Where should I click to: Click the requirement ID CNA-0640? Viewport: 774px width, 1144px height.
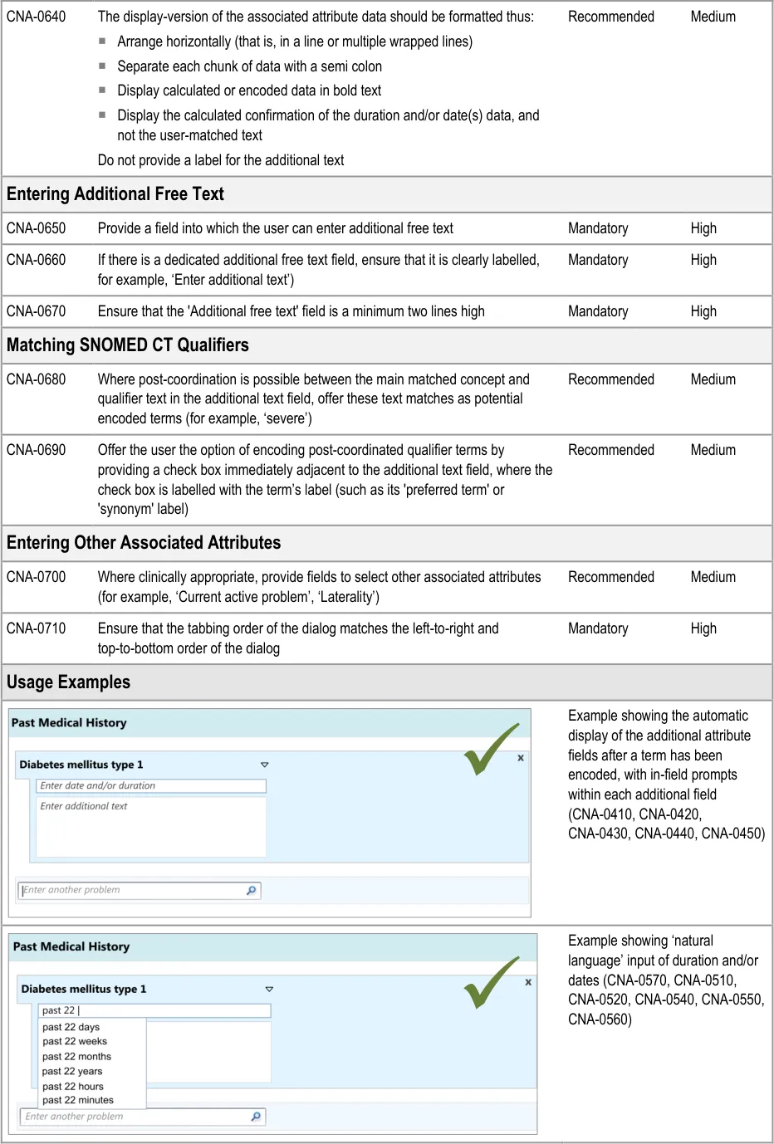[37, 17]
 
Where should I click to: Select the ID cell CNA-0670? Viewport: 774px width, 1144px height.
[37, 311]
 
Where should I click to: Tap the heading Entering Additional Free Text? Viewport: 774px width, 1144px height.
[115, 194]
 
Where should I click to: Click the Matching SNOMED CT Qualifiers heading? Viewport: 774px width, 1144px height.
[128, 345]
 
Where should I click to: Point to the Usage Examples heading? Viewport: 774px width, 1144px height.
[69, 682]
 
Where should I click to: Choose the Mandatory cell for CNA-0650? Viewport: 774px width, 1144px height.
[598, 228]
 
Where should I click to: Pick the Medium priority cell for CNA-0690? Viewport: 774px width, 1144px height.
[713, 450]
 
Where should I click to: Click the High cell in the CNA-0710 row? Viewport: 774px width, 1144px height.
[703, 628]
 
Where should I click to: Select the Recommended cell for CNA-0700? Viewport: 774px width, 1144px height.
[610, 577]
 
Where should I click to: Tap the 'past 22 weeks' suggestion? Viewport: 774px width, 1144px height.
[75, 1041]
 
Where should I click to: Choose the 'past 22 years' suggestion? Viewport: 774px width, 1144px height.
[72, 1071]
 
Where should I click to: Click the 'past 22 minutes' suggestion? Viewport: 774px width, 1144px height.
[78, 1100]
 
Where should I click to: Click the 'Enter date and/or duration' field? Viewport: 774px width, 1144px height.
[151, 785]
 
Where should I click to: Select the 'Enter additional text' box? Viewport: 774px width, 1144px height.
[151, 826]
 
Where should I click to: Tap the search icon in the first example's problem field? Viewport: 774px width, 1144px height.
[252, 890]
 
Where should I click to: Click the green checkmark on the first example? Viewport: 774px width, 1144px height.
[490, 749]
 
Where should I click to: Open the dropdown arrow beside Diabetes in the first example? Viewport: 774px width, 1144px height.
[265, 765]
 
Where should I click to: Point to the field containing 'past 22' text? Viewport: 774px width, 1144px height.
[154, 1010]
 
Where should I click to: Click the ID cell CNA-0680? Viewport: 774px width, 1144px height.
[37, 379]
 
